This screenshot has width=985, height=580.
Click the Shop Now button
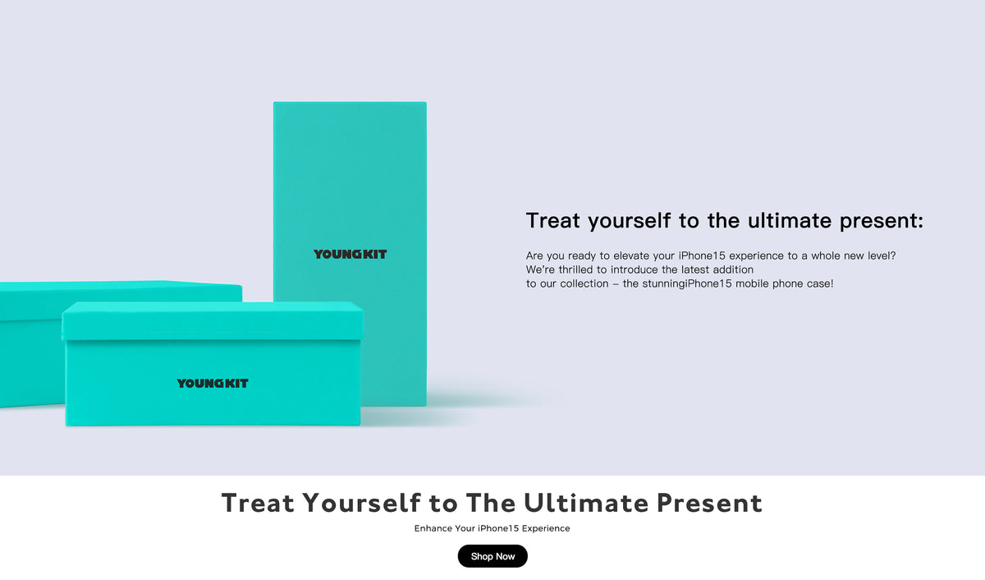point(492,556)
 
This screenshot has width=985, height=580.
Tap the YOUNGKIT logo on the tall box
point(350,255)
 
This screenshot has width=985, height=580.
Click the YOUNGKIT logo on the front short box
point(212,384)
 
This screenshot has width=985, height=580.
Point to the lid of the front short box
point(212,320)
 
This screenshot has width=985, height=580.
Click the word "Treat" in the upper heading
point(553,221)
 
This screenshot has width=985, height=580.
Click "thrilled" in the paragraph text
point(576,269)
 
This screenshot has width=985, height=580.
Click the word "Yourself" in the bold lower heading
point(362,503)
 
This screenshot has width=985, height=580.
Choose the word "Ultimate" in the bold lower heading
point(585,503)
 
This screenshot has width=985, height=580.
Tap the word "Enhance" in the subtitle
point(433,528)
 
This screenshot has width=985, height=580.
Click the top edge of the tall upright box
point(350,104)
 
